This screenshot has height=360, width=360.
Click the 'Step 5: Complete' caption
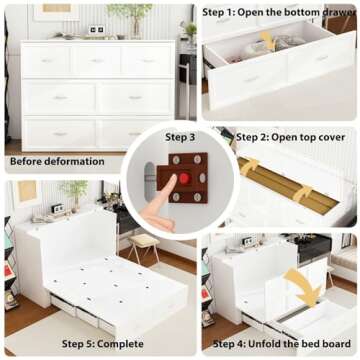point(103,343)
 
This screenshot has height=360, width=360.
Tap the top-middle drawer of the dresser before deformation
point(98,61)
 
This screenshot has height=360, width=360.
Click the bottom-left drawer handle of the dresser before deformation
point(60,133)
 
